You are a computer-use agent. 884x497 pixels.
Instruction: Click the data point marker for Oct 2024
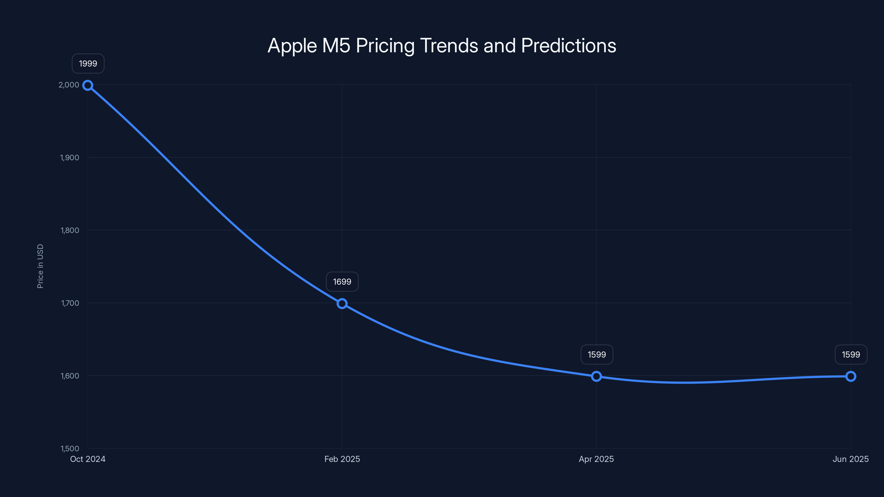pos(88,85)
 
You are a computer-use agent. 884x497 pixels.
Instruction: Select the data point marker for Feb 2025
pos(342,303)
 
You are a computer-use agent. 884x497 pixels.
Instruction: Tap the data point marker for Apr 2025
pos(596,376)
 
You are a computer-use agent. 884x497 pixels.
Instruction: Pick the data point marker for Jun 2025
pos(851,376)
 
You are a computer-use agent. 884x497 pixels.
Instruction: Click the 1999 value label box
pos(88,64)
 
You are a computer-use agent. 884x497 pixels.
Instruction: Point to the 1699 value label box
pos(342,282)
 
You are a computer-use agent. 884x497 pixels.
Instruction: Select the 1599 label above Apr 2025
pos(597,354)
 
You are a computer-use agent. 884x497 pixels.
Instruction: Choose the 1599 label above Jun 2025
pos(851,354)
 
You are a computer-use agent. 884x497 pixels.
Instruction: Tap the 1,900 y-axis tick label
pos(69,157)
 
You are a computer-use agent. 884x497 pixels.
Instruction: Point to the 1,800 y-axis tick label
pos(70,230)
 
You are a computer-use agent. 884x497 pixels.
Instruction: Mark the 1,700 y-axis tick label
pos(70,303)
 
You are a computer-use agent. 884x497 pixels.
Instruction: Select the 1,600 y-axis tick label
pos(70,376)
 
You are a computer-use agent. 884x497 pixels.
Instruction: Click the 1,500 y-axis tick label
pos(70,448)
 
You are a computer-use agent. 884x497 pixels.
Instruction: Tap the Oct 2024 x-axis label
pos(88,459)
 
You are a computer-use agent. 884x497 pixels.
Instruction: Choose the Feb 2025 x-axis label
pos(342,459)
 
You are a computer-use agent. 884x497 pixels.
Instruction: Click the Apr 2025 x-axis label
pos(596,459)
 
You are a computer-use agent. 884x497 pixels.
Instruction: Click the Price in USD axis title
pos(40,266)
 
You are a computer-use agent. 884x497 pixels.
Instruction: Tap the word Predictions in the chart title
pos(568,46)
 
